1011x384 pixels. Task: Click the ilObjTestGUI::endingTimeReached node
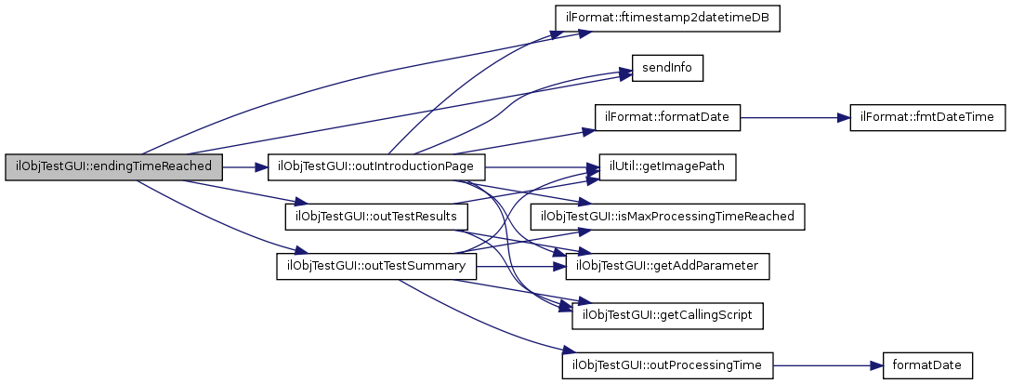[114, 166]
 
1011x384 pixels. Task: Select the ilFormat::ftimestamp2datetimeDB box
[666, 19]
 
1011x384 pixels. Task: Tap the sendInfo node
[666, 68]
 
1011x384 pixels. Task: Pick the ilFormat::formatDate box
[667, 118]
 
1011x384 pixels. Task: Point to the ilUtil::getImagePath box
[667, 167]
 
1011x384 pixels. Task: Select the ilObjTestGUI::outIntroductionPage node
[376, 167]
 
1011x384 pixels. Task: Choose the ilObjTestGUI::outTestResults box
[374, 217]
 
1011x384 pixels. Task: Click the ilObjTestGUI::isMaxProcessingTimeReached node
[666, 217]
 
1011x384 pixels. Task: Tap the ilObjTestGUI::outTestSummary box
[375, 267]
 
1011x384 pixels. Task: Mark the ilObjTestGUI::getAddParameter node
[667, 267]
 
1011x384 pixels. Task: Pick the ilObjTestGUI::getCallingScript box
[667, 316]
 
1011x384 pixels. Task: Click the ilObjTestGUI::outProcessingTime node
[667, 365]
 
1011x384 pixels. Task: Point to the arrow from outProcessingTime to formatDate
[822, 365]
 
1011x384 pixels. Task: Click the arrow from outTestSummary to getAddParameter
[520, 267]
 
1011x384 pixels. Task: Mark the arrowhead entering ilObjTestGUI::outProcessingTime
[560, 351]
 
